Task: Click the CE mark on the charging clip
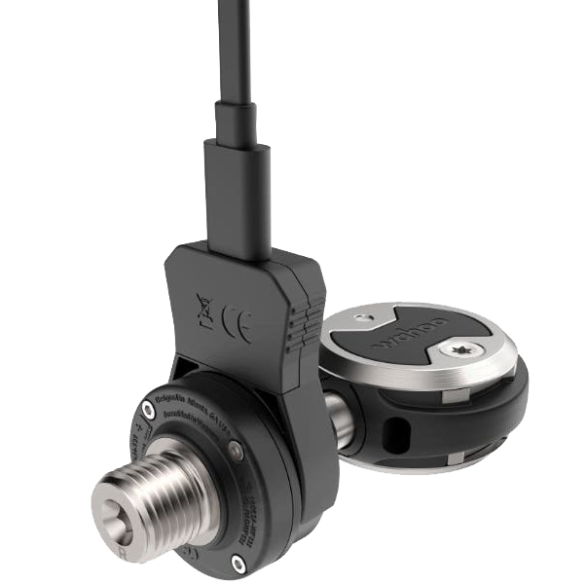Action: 238,324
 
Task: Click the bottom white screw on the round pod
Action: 238,563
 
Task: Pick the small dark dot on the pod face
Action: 234,450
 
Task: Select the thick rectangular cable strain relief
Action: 237,195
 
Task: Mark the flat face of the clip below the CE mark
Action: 243,370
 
